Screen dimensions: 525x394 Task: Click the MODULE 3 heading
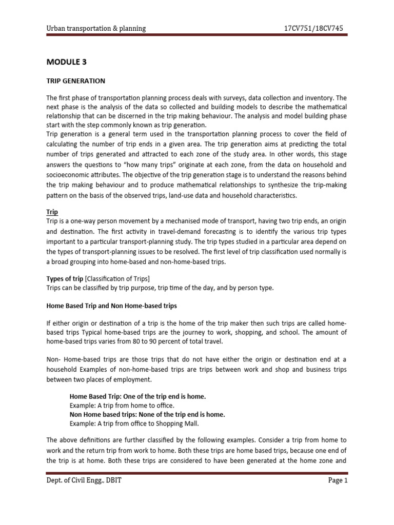(66, 62)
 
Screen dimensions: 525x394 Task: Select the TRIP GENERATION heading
(76, 81)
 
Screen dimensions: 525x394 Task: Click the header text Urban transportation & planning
(96, 29)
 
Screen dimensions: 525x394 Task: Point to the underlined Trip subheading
(52, 212)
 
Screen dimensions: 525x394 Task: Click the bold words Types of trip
(65, 278)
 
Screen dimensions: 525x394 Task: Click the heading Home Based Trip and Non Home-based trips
(111, 306)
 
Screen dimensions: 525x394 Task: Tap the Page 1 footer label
(337, 480)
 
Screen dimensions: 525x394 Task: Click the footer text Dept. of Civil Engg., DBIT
(84, 480)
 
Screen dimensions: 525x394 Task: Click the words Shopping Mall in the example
(177, 423)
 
